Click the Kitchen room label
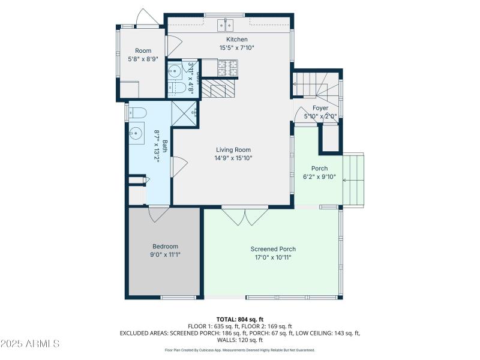pos(232,40)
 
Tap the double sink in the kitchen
pos(225,25)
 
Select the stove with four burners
pos(228,68)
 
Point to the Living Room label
pos(233,150)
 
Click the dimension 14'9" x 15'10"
pos(233,158)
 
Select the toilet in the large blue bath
pos(136,112)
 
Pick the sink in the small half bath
pos(175,70)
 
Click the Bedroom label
pos(165,247)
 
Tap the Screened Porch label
pos(273,249)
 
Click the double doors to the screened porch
pos(245,215)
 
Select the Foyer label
pos(320,108)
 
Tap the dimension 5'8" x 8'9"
pos(143,59)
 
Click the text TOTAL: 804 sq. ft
pos(239,319)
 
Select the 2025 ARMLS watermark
pos(30,344)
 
